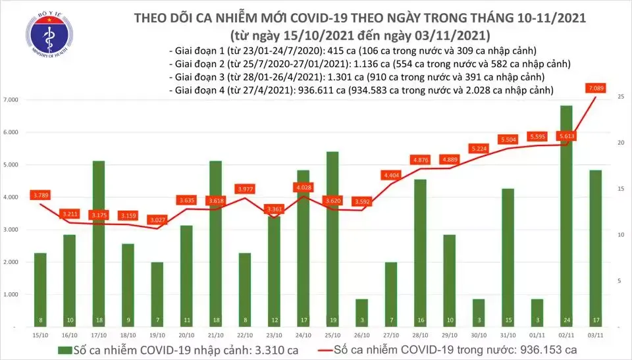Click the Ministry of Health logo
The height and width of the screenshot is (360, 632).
pos(44,34)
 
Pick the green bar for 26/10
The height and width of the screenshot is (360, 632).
pos(361,312)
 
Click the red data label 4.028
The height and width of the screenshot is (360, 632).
pos(303,188)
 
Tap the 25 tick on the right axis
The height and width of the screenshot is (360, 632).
pos(621,97)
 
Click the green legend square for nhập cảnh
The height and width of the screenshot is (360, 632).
pos(65,348)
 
